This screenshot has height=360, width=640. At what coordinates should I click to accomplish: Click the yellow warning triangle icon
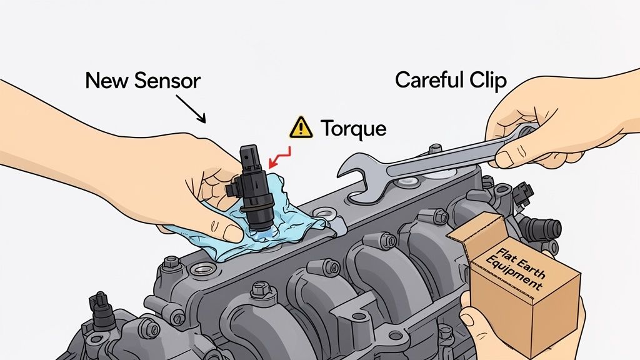[x=301, y=127]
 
